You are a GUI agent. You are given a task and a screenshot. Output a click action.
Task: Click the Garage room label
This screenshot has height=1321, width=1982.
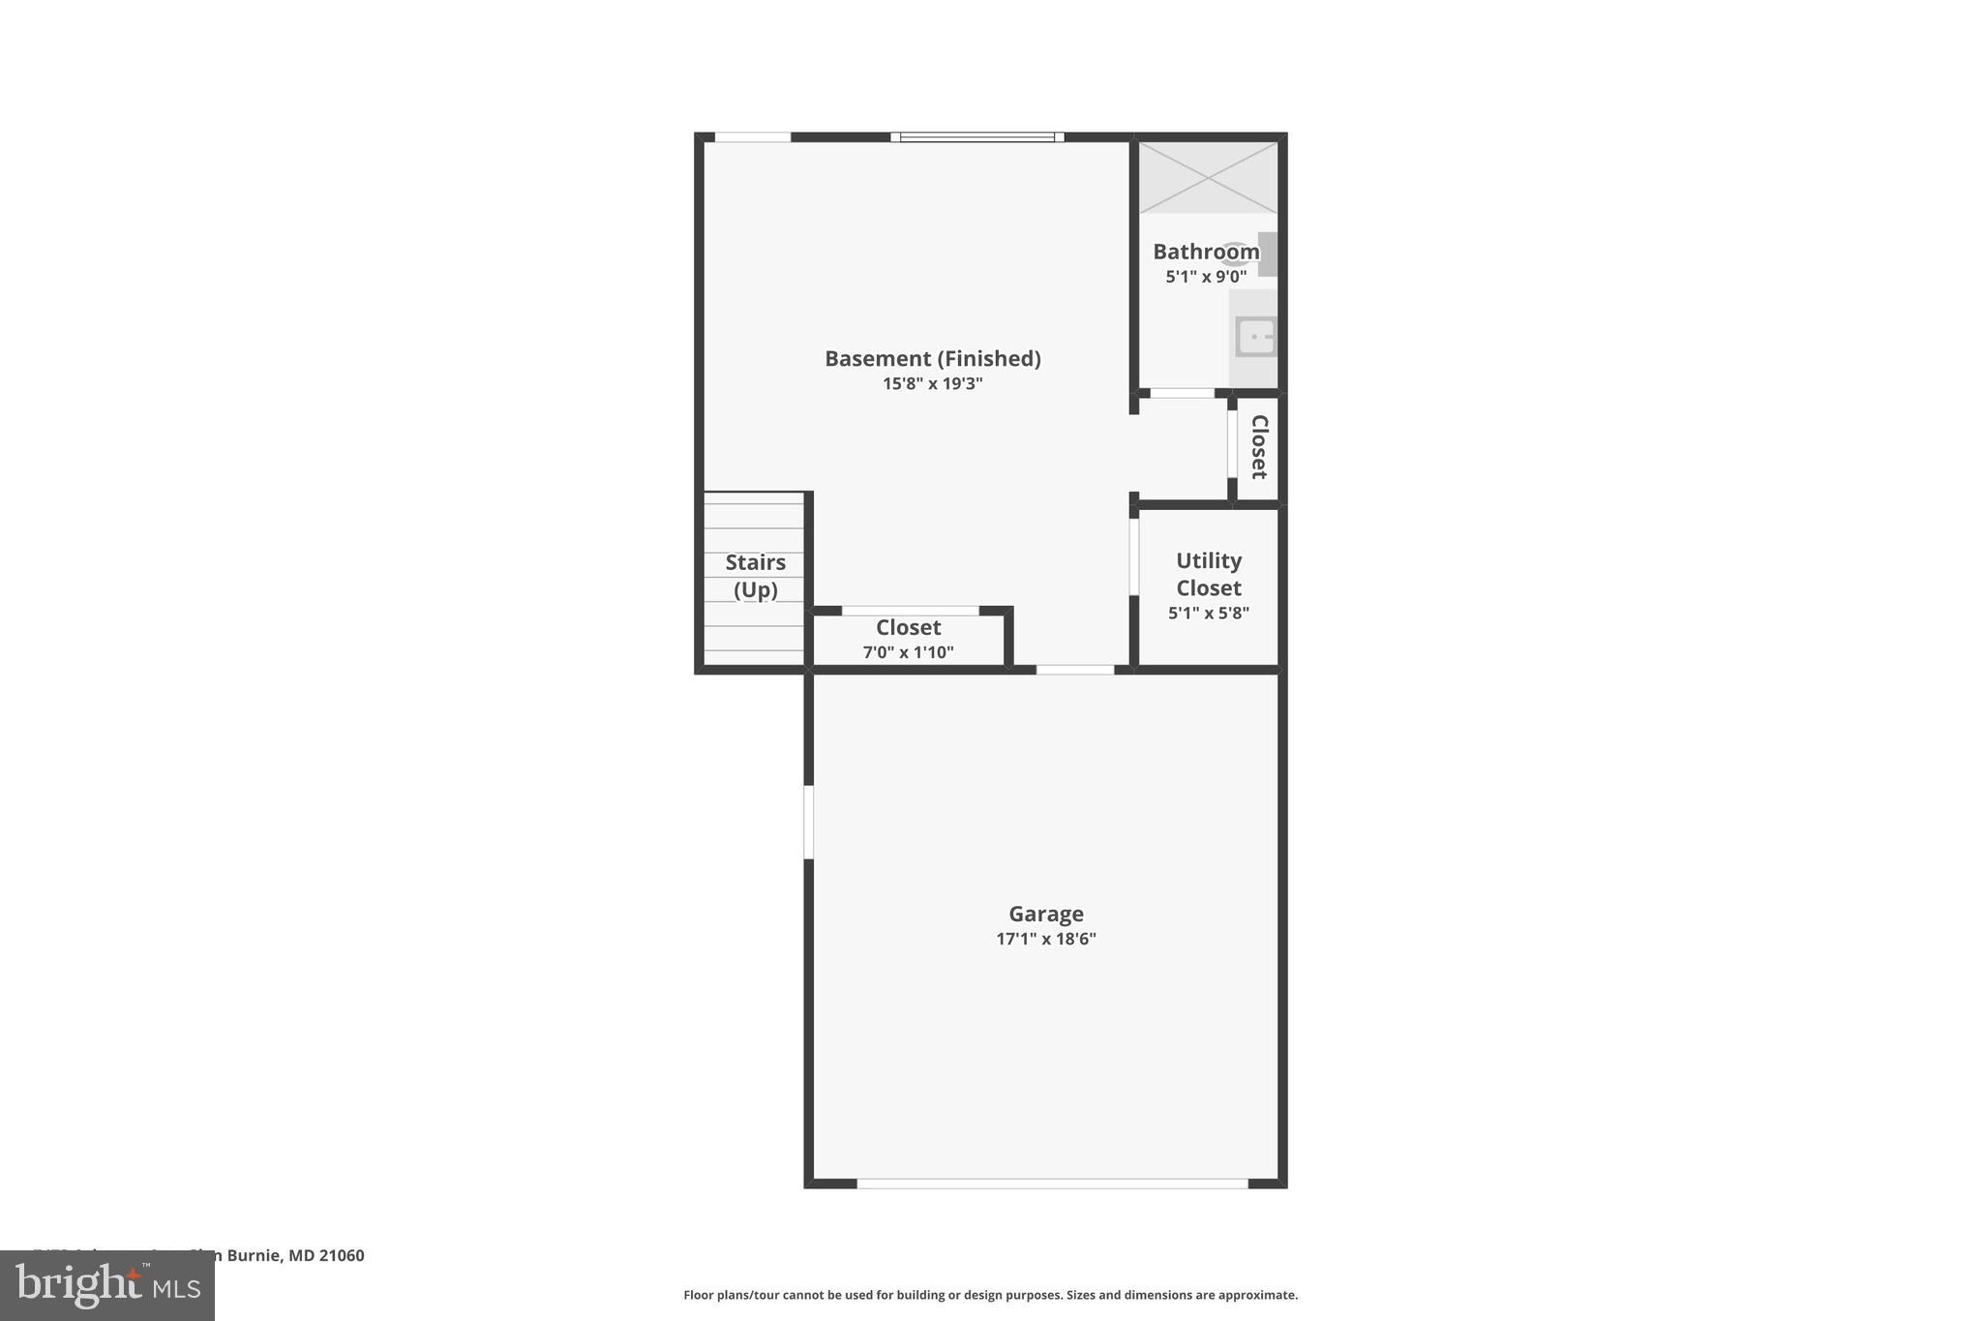(x=1045, y=914)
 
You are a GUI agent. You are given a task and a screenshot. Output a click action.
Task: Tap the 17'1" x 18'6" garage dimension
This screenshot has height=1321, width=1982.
(x=1045, y=939)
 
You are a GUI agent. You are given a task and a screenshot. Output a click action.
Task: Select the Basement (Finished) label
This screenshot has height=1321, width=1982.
(x=932, y=359)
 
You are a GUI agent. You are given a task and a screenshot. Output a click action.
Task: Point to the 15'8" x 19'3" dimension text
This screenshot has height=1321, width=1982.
(x=932, y=384)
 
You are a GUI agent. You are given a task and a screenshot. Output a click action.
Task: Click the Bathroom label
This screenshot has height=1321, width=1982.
(x=1205, y=252)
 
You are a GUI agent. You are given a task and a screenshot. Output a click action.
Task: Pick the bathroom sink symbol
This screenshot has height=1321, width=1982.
(x=1255, y=337)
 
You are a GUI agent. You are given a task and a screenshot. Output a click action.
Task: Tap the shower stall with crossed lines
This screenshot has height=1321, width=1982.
(x=1208, y=177)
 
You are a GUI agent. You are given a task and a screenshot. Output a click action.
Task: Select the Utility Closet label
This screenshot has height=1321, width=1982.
(x=1208, y=574)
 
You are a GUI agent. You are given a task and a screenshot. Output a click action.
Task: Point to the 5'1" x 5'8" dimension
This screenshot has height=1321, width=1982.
(x=1208, y=613)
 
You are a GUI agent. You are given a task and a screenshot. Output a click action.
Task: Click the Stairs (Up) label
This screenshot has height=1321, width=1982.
(x=755, y=576)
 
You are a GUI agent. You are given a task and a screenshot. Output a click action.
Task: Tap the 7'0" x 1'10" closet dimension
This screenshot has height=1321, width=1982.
(x=908, y=652)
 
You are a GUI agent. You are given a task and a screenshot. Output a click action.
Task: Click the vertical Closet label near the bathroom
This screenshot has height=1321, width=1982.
(x=1258, y=447)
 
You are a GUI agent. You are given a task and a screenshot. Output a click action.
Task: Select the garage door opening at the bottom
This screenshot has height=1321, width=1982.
(x=1052, y=1183)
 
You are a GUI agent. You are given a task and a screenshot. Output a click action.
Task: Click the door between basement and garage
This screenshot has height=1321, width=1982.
(x=1074, y=670)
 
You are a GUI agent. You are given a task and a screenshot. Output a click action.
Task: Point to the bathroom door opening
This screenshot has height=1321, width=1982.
(x=1182, y=393)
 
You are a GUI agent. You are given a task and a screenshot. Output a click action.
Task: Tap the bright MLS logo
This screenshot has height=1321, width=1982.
(x=107, y=1285)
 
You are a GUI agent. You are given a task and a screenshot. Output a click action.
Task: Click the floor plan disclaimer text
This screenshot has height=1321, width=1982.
(x=990, y=1295)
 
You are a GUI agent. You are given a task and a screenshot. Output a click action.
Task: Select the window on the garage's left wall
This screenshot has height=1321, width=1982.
(x=809, y=822)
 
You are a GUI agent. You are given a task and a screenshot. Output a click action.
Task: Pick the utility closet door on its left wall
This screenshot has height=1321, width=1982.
(x=1133, y=557)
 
